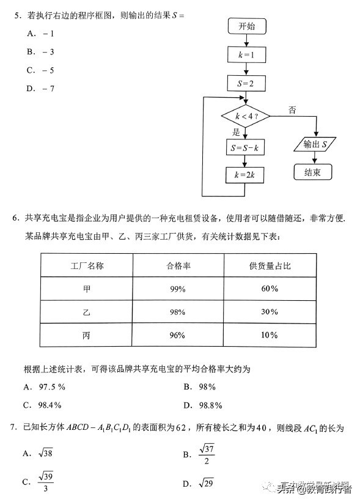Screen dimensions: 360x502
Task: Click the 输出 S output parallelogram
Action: [x=316, y=145]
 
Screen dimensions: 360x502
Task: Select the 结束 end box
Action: [x=312, y=172]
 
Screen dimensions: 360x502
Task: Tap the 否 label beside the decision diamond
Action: [x=292, y=111]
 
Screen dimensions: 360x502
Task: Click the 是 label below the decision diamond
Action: [x=237, y=133]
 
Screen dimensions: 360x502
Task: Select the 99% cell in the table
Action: [x=178, y=289]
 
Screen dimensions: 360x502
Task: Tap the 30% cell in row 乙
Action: [x=269, y=312]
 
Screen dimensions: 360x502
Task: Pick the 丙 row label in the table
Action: [x=86, y=335]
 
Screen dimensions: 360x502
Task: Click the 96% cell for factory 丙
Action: [x=178, y=335]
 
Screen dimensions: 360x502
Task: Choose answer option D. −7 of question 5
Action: [x=41, y=88]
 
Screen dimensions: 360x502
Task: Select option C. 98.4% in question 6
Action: [x=42, y=405]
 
